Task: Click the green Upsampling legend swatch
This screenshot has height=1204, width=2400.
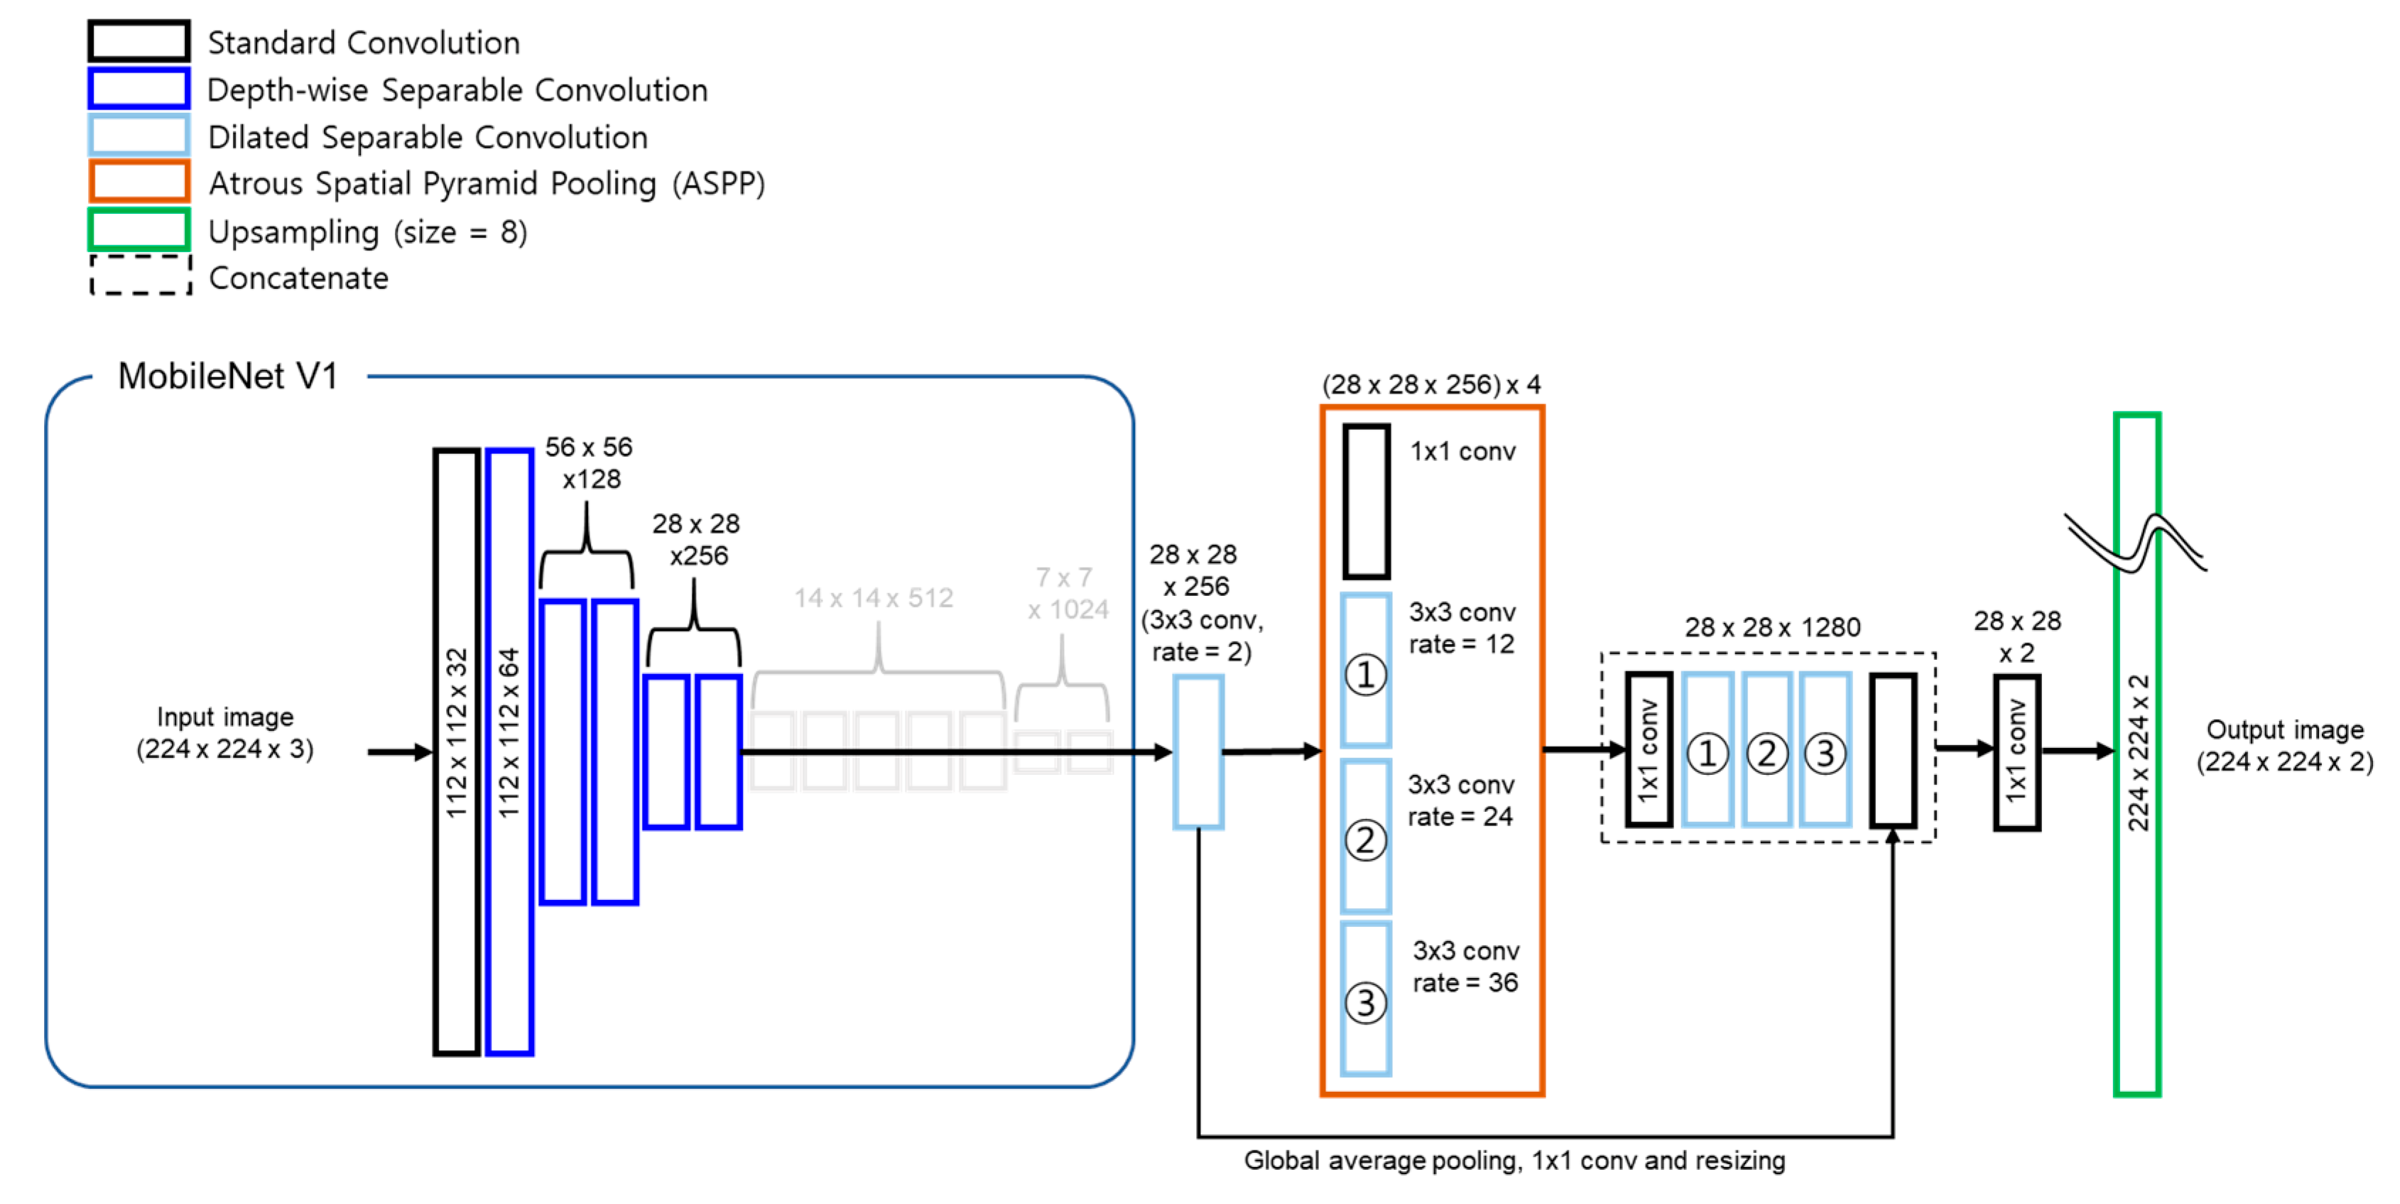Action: coord(139,230)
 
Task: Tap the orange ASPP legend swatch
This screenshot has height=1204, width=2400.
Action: coord(139,182)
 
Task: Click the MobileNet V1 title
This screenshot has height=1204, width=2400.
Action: coord(227,376)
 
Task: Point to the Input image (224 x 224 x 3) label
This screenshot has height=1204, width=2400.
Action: coord(224,732)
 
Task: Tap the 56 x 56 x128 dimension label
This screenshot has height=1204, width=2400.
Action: coord(589,463)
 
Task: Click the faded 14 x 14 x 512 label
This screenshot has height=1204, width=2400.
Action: coord(873,598)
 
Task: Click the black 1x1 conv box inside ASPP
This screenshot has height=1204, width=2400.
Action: coord(1366,501)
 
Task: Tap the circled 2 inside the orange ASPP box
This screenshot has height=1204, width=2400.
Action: coord(1366,840)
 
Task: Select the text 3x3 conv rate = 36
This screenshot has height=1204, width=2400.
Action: coord(1465,966)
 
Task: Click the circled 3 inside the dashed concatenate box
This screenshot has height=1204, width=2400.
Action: coord(1825,753)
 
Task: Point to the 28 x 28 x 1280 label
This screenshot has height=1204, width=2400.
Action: coord(1772,628)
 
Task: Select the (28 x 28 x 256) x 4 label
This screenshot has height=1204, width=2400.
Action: coord(1431,385)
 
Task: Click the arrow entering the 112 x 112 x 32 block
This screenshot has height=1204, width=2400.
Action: coord(398,751)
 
